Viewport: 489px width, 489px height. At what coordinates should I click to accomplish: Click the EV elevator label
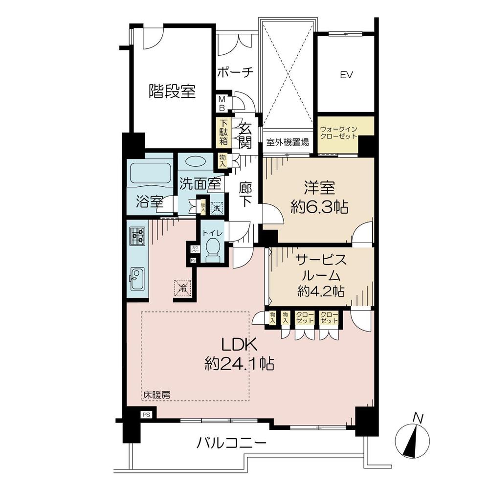pyautogui.click(x=347, y=75)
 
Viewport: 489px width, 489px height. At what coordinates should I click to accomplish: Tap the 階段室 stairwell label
pyautogui.click(x=172, y=91)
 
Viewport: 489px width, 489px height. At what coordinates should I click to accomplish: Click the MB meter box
pyautogui.click(x=222, y=103)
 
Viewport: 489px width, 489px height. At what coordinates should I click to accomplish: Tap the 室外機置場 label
pyautogui.click(x=288, y=143)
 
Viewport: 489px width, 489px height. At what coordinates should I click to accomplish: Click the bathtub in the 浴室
pyautogui.click(x=150, y=172)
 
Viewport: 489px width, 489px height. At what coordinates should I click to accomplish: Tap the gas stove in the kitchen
pyautogui.click(x=137, y=236)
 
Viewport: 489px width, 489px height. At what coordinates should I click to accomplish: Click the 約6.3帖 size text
pyautogui.click(x=319, y=208)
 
